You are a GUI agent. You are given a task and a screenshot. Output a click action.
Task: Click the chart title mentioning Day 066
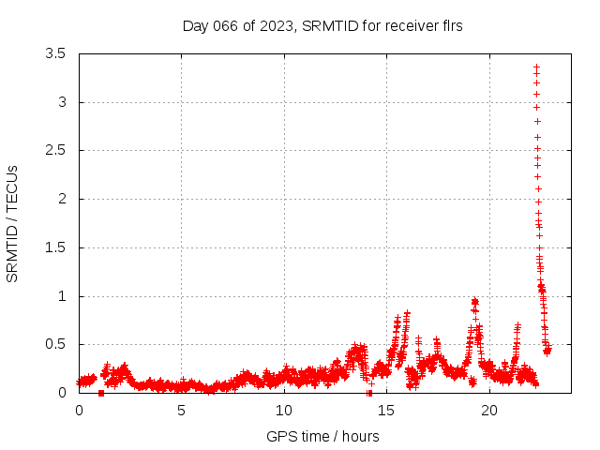[322, 26]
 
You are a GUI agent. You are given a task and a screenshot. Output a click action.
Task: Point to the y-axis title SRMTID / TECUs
[13, 223]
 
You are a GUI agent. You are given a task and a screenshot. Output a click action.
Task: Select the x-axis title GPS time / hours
[322, 436]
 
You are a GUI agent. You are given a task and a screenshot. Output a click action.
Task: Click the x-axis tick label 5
[181, 411]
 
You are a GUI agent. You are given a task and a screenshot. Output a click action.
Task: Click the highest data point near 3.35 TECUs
[536, 67]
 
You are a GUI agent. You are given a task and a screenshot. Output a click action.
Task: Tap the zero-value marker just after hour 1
[101, 393]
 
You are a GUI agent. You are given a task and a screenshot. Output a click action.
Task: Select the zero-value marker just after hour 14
[369, 393]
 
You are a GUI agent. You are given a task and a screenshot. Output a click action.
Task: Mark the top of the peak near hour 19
[474, 300]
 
